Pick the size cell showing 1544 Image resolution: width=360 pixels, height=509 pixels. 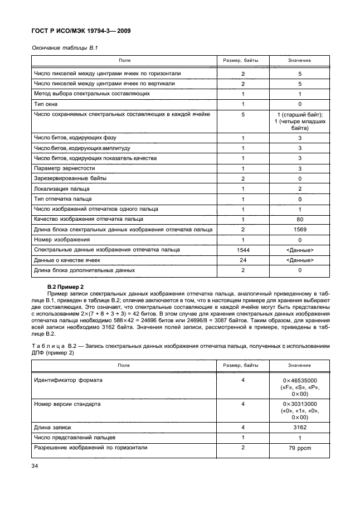pyautogui.click(x=243, y=250)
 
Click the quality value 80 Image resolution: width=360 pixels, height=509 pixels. pyautogui.click(x=299, y=219)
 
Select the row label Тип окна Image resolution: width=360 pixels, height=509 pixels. pyautogui.click(x=46, y=104)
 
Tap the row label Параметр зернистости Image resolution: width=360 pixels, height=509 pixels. pyautogui.click(x=64, y=168)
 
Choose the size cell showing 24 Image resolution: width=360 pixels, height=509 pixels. pyautogui.click(x=243, y=260)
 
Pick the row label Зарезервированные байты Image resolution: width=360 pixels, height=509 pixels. pyautogui.click(x=70, y=178)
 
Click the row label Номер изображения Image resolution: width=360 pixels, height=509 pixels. pyautogui.click(x=60, y=240)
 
